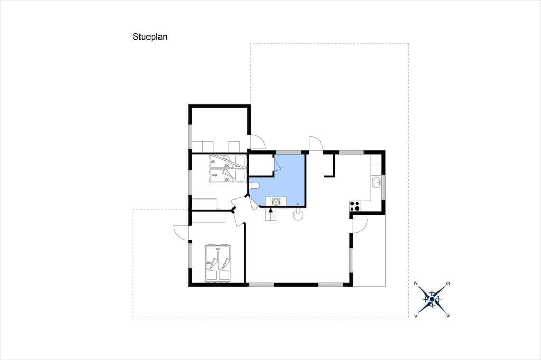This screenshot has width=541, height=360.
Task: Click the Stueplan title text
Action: click(x=150, y=37)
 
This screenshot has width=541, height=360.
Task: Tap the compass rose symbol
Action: click(x=432, y=299)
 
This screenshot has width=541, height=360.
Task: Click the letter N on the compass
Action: click(x=416, y=283)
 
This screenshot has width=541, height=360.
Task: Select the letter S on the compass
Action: click(x=448, y=315)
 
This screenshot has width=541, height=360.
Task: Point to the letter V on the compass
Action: click(x=416, y=316)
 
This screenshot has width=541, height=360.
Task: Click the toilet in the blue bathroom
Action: click(x=254, y=186)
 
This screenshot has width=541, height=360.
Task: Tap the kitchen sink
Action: click(x=376, y=182)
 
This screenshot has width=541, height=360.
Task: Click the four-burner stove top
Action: click(x=355, y=206)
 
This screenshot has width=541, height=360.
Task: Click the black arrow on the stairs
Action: click(x=270, y=210)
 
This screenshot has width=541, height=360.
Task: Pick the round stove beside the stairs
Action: click(x=298, y=215)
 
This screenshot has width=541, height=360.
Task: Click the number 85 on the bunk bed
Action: click(x=213, y=162)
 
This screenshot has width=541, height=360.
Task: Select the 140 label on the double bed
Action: click(x=217, y=249)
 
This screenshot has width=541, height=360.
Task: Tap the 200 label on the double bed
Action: click(x=208, y=263)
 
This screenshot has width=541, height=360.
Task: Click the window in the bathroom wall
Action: click(x=288, y=152)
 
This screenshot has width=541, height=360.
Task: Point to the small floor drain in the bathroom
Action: click(x=298, y=204)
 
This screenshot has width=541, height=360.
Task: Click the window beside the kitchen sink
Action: click(x=384, y=187)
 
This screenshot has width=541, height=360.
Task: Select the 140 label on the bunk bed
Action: click(x=214, y=175)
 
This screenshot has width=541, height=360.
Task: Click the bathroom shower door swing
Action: click(x=277, y=163)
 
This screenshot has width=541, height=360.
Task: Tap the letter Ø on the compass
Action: click(x=448, y=283)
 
